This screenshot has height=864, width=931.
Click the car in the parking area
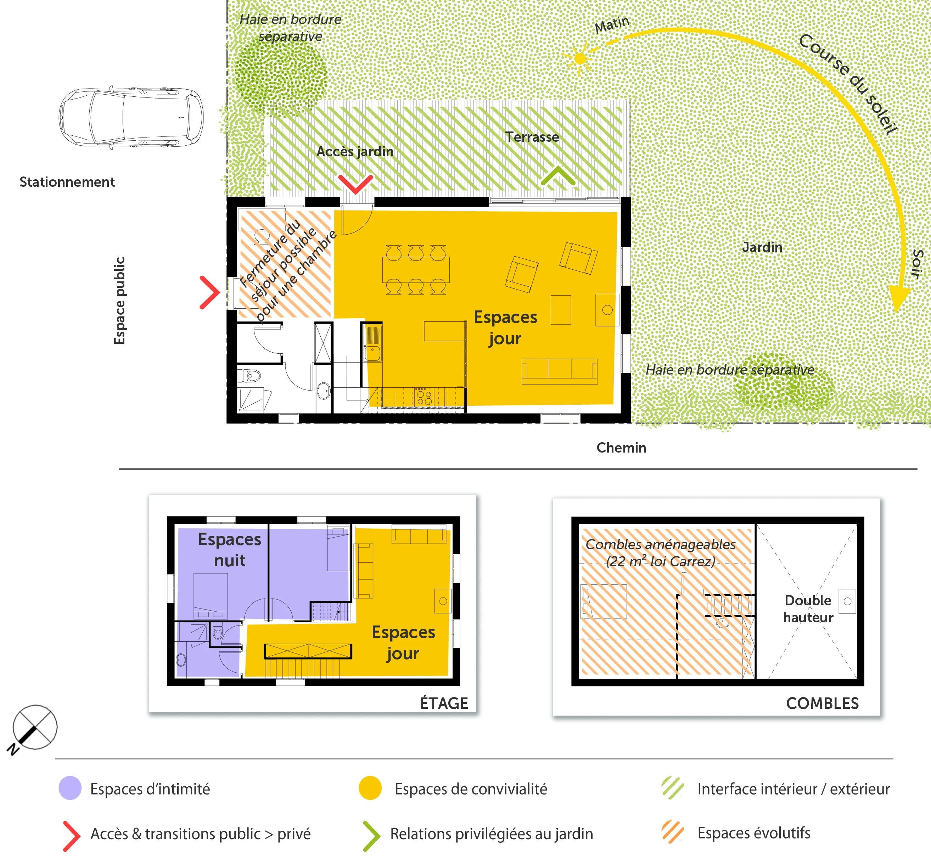point(131,117)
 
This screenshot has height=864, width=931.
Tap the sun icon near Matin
point(580,58)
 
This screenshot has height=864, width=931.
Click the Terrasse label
point(532,137)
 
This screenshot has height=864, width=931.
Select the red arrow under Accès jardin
point(355,184)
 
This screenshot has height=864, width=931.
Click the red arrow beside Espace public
point(209,293)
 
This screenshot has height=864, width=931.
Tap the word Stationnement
point(67,182)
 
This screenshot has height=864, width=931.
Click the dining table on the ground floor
point(416,270)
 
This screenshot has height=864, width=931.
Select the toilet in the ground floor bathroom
point(251,375)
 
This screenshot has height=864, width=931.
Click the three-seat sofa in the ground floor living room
point(559,371)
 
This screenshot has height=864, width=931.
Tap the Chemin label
point(621,448)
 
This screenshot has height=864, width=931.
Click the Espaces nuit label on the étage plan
point(229,549)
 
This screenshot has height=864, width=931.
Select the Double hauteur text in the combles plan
point(808,609)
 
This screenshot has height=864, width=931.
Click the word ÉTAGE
point(443,703)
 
